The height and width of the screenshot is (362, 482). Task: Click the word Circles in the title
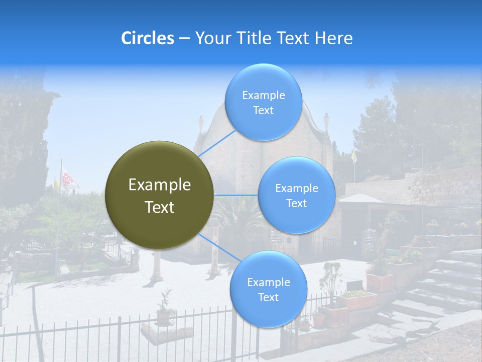click(x=147, y=38)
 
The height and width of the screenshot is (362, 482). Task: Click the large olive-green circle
click(x=159, y=195)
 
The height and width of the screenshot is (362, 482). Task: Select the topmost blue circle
click(x=263, y=103)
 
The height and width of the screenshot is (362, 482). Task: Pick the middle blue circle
click(x=296, y=195)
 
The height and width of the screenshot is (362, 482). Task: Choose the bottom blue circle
click(x=268, y=290)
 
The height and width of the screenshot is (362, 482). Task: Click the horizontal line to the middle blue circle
click(x=236, y=195)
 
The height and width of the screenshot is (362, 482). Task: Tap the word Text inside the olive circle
click(x=159, y=207)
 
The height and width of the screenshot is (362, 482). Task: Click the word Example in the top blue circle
click(x=263, y=96)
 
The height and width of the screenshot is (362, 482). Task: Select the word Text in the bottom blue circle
click(x=268, y=297)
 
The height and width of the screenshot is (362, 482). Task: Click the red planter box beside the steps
click(x=380, y=282)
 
